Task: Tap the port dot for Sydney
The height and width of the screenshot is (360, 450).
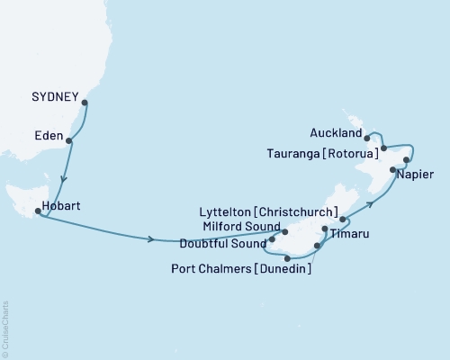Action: [85, 103]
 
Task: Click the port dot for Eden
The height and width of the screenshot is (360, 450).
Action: [70, 140]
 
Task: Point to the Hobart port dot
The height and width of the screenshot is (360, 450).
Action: [37, 212]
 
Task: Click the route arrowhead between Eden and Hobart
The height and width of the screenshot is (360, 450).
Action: [62, 177]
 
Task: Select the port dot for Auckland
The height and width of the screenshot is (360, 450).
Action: [368, 139]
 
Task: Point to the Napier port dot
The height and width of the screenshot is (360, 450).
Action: [392, 169]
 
